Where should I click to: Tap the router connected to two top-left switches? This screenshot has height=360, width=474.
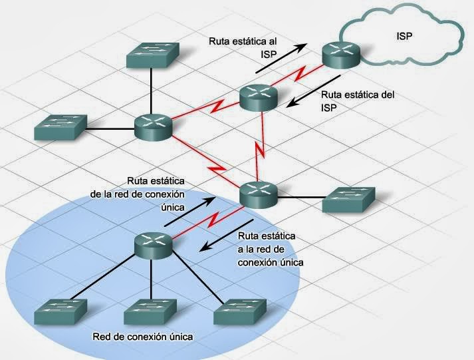coord(154,126)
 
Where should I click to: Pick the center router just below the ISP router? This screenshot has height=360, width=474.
coord(258,98)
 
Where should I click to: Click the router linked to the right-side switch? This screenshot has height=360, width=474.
coord(258,193)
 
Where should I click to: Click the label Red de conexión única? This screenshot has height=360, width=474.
coord(144,337)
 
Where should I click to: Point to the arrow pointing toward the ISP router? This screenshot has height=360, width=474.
coord(282,56)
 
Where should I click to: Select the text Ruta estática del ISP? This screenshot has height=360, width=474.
coord(357,100)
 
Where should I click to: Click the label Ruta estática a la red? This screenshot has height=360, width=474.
coord(270,249)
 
